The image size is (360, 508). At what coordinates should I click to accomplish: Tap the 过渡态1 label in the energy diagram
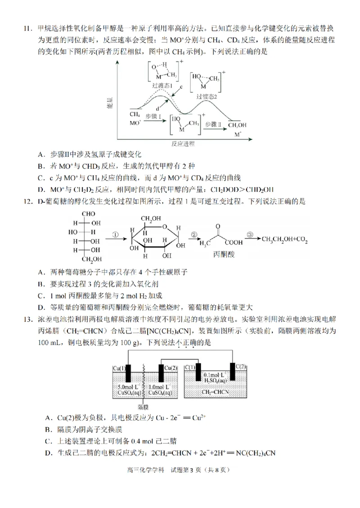[x=162, y=85]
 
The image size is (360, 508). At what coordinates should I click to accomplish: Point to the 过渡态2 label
[x=207, y=97]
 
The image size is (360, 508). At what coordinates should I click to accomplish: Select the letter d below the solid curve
[x=157, y=109]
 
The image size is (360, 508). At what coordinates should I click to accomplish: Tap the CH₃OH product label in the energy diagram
[x=238, y=125]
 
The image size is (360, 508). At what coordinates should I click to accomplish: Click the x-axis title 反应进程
[x=183, y=144]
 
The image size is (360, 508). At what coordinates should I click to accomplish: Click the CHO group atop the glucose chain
[x=89, y=214]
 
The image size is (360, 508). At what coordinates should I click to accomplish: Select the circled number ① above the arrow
[x=115, y=234]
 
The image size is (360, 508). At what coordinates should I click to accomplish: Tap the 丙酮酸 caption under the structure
[x=224, y=254]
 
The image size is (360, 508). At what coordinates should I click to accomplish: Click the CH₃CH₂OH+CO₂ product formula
[x=284, y=242]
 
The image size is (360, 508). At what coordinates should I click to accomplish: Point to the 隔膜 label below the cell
[x=143, y=406]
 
